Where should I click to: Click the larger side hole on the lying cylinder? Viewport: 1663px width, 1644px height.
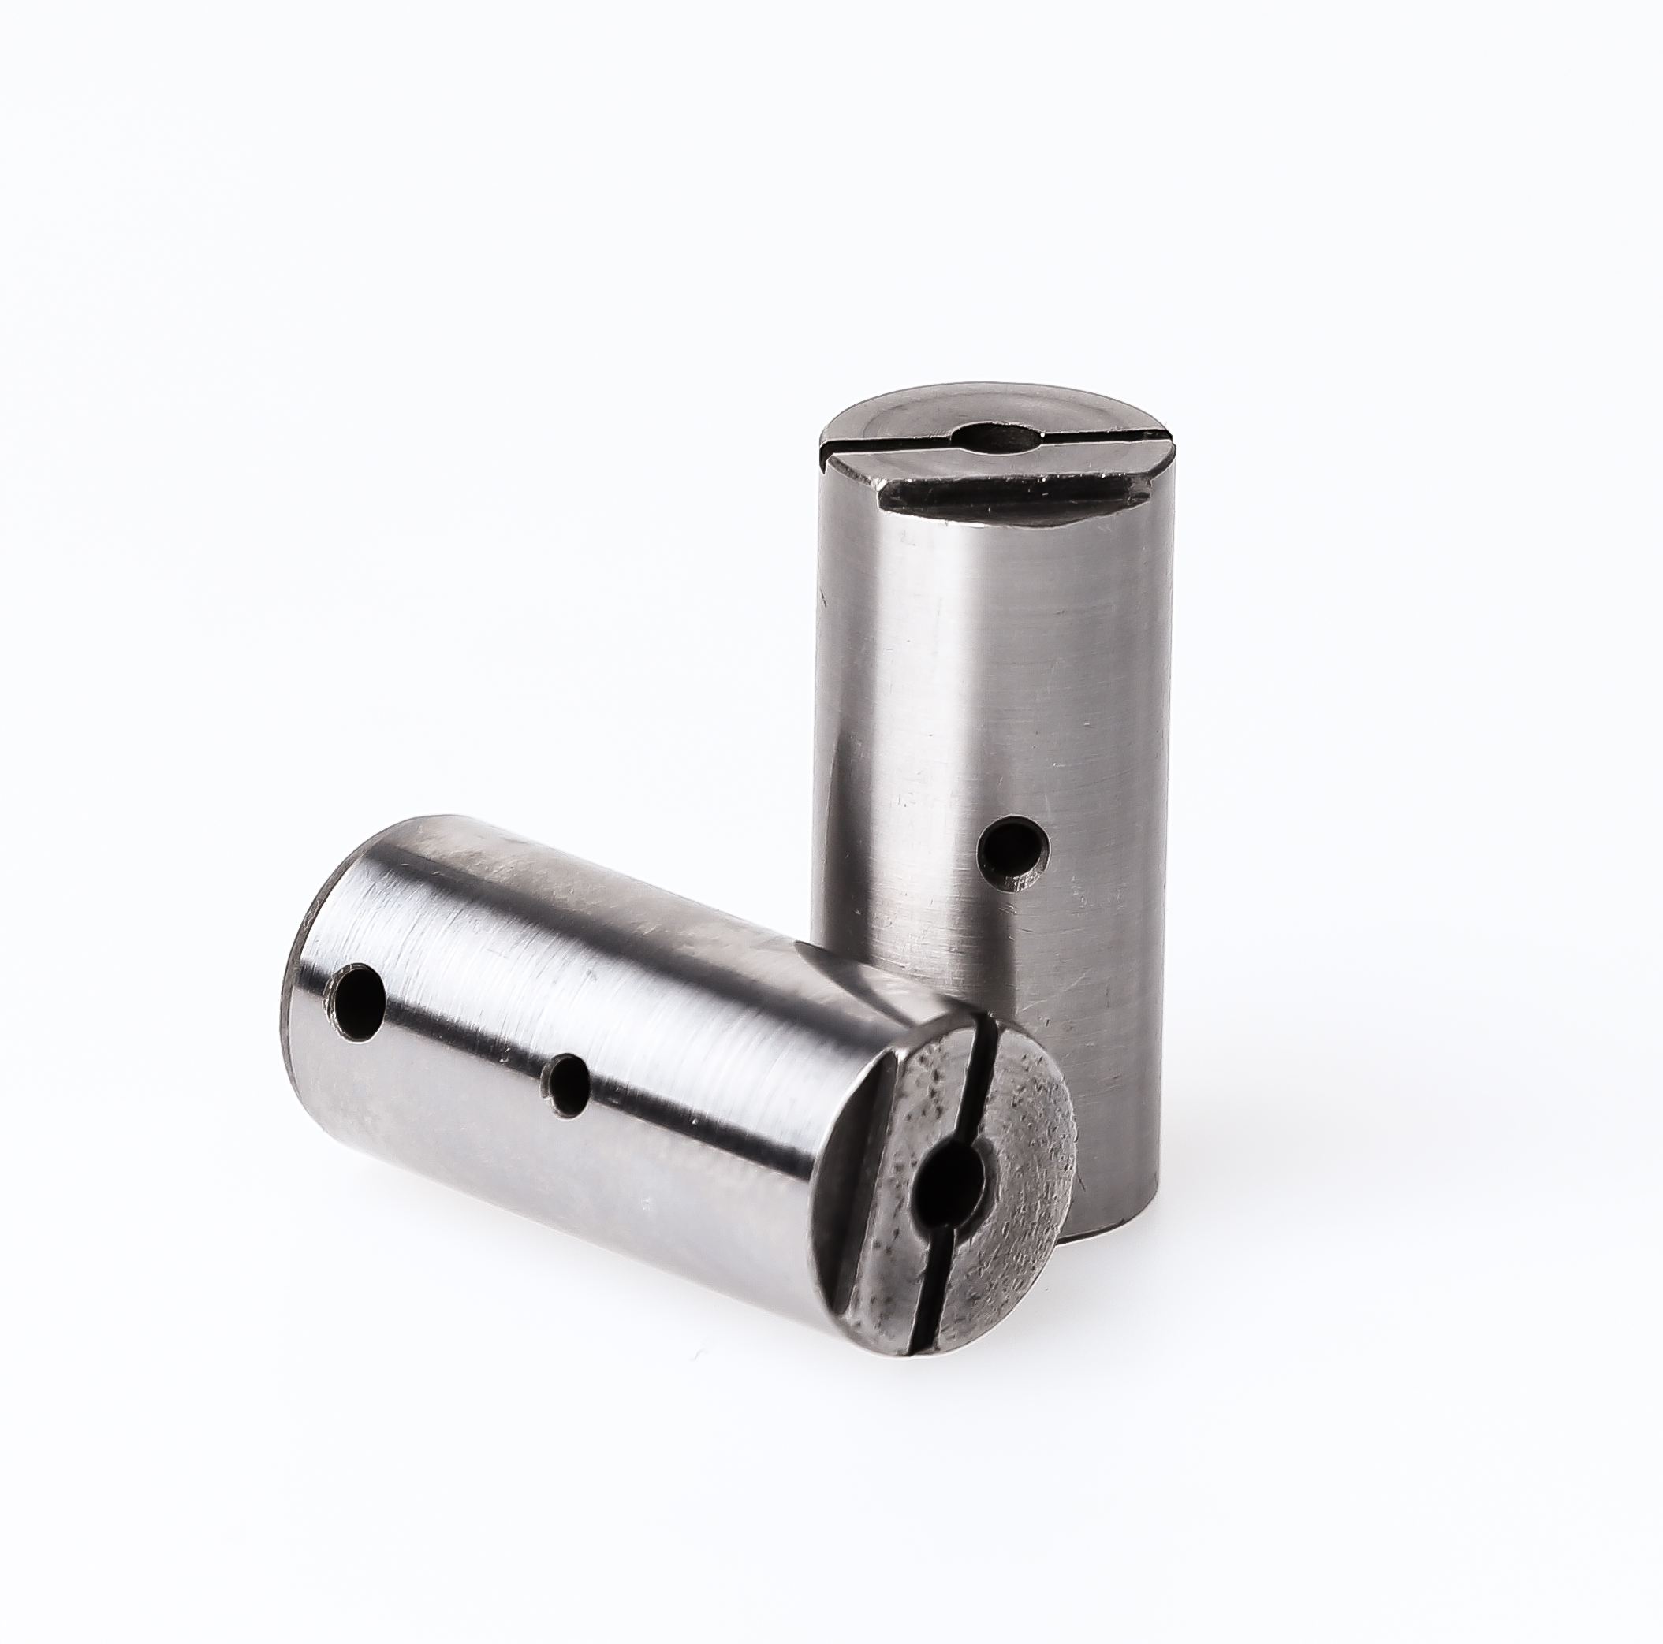356,1001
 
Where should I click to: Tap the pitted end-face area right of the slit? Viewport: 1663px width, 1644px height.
1024,1144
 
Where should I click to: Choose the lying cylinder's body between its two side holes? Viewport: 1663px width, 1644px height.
464,1041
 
